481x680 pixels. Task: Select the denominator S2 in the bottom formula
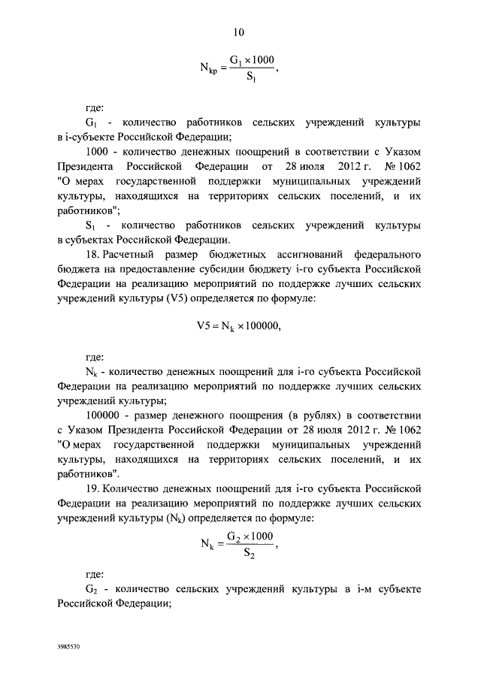click(252, 555)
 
